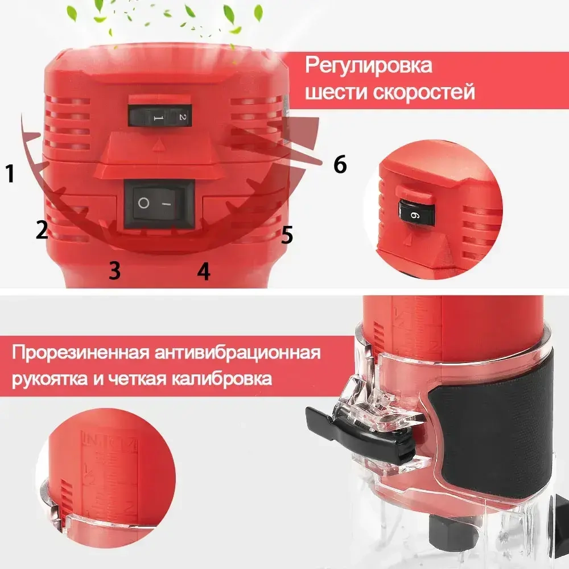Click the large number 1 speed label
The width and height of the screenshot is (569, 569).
[x=10, y=173]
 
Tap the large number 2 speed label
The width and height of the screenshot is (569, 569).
[x=42, y=230]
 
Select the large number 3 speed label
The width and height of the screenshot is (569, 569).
[x=114, y=270]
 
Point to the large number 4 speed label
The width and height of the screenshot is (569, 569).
[x=203, y=271]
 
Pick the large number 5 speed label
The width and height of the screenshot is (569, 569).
[x=287, y=234]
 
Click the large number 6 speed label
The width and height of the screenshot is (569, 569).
[x=340, y=165]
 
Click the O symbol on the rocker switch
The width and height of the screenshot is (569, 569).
[x=144, y=204]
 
